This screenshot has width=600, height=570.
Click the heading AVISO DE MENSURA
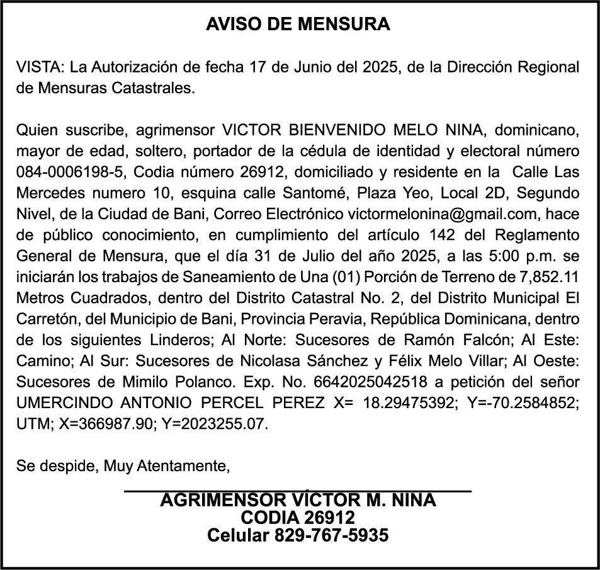tap(298, 25)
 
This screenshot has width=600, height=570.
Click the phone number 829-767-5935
tap(331, 536)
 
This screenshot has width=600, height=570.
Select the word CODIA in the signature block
tap(269, 518)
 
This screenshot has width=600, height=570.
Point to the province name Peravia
tap(346, 319)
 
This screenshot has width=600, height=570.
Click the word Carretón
tap(44, 319)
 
